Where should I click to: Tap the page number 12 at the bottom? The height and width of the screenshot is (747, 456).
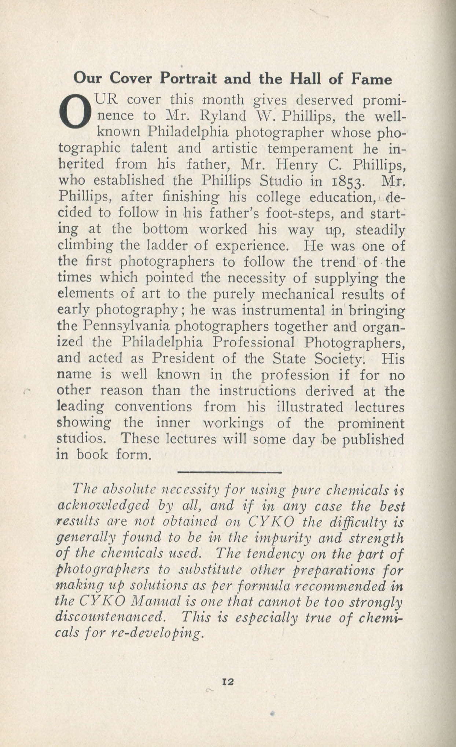coord(228,681)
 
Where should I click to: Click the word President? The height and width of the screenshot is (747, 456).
coord(192,358)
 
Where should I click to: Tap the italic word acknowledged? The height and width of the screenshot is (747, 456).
coord(104,506)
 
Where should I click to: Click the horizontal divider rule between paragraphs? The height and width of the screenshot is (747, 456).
coord(229,472)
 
